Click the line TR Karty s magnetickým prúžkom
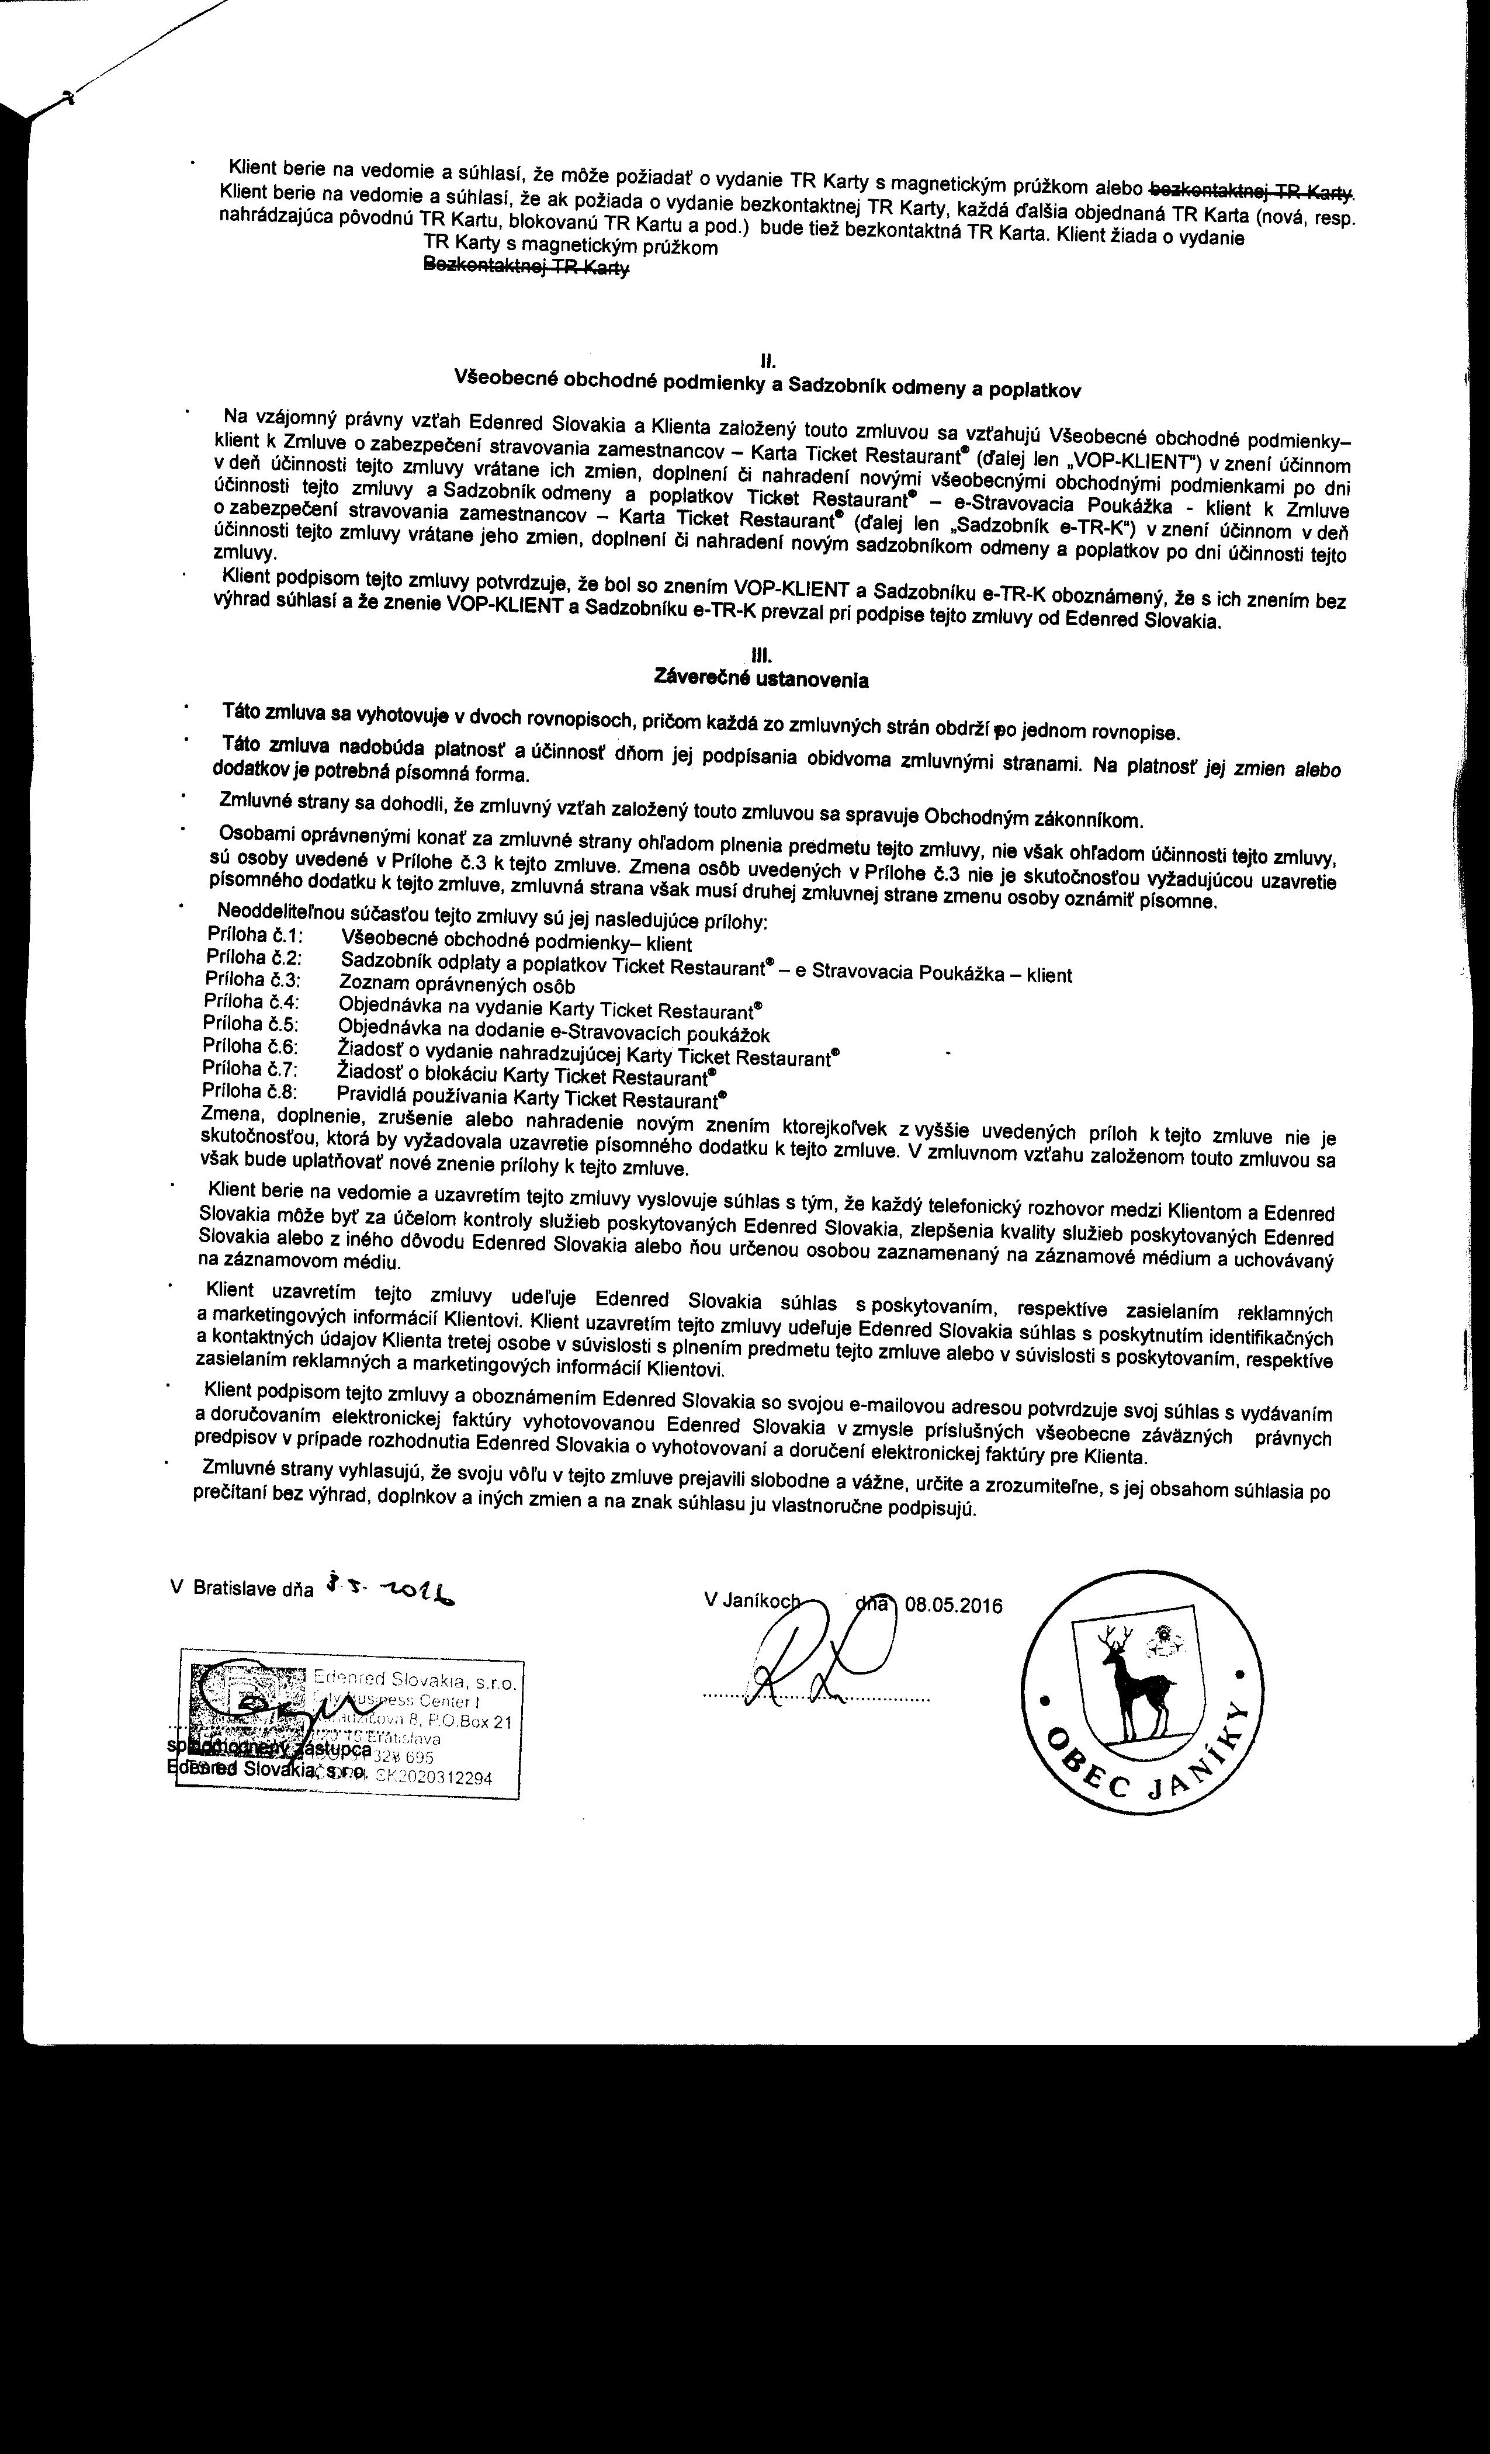click(x=570, y=246)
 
